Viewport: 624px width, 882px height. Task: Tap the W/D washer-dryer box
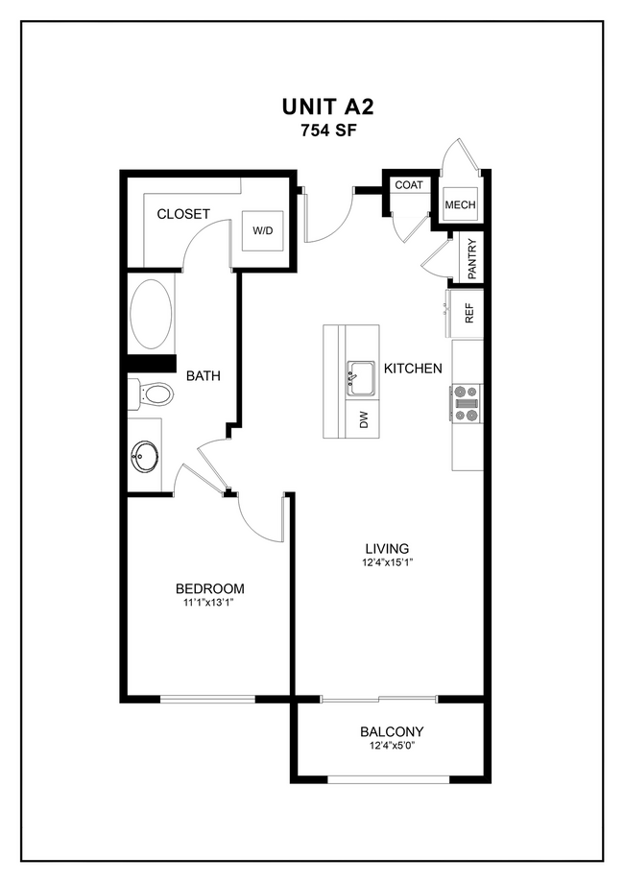262,231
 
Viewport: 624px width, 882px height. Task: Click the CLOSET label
183,214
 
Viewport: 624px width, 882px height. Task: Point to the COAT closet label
409,184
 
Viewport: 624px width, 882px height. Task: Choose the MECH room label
460,205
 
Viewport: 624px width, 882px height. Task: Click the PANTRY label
471,259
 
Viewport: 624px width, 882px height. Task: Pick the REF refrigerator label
470,314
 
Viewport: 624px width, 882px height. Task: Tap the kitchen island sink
361,378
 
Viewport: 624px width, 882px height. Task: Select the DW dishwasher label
363,418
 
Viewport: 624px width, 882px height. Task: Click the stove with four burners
467,403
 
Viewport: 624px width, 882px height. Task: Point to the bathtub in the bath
152,314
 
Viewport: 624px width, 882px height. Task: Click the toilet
151,393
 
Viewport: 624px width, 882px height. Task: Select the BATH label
204,376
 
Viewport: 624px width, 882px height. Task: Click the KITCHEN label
413,369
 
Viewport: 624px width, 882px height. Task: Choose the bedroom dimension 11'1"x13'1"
208,604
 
